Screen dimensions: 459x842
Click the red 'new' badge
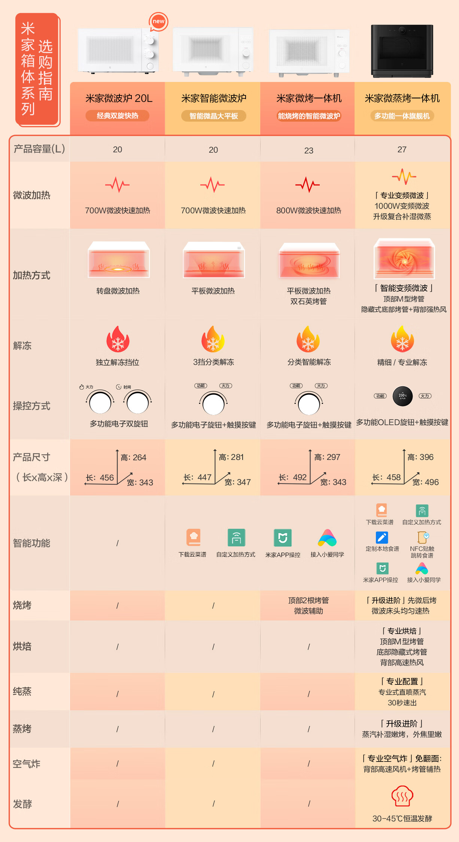pos(158,22)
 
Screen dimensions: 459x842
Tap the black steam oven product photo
pos(402,51)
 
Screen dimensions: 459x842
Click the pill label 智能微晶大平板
pos(214,116)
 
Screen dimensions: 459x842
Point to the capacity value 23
pos(309,150)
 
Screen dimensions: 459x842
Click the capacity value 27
pos(402,150)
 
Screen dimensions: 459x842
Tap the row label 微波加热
pos(32,195)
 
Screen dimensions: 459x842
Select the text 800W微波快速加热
pos(309,211)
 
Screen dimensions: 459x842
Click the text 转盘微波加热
pos(118,291)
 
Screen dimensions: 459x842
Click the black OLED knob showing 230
pos(402,396)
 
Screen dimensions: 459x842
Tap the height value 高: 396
pos(420,457)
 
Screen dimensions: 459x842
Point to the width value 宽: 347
pos(238,482)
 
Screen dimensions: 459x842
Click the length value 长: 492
pos(293,477)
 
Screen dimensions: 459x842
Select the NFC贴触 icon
pos(423,537)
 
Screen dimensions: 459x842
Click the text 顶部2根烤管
pos(308,600)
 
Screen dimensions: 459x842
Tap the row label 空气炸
pos(27,764)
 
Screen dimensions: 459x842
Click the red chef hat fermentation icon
pos(402,796)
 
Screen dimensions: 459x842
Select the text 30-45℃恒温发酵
pos(402,818)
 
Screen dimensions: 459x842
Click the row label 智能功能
pos(32,543)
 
